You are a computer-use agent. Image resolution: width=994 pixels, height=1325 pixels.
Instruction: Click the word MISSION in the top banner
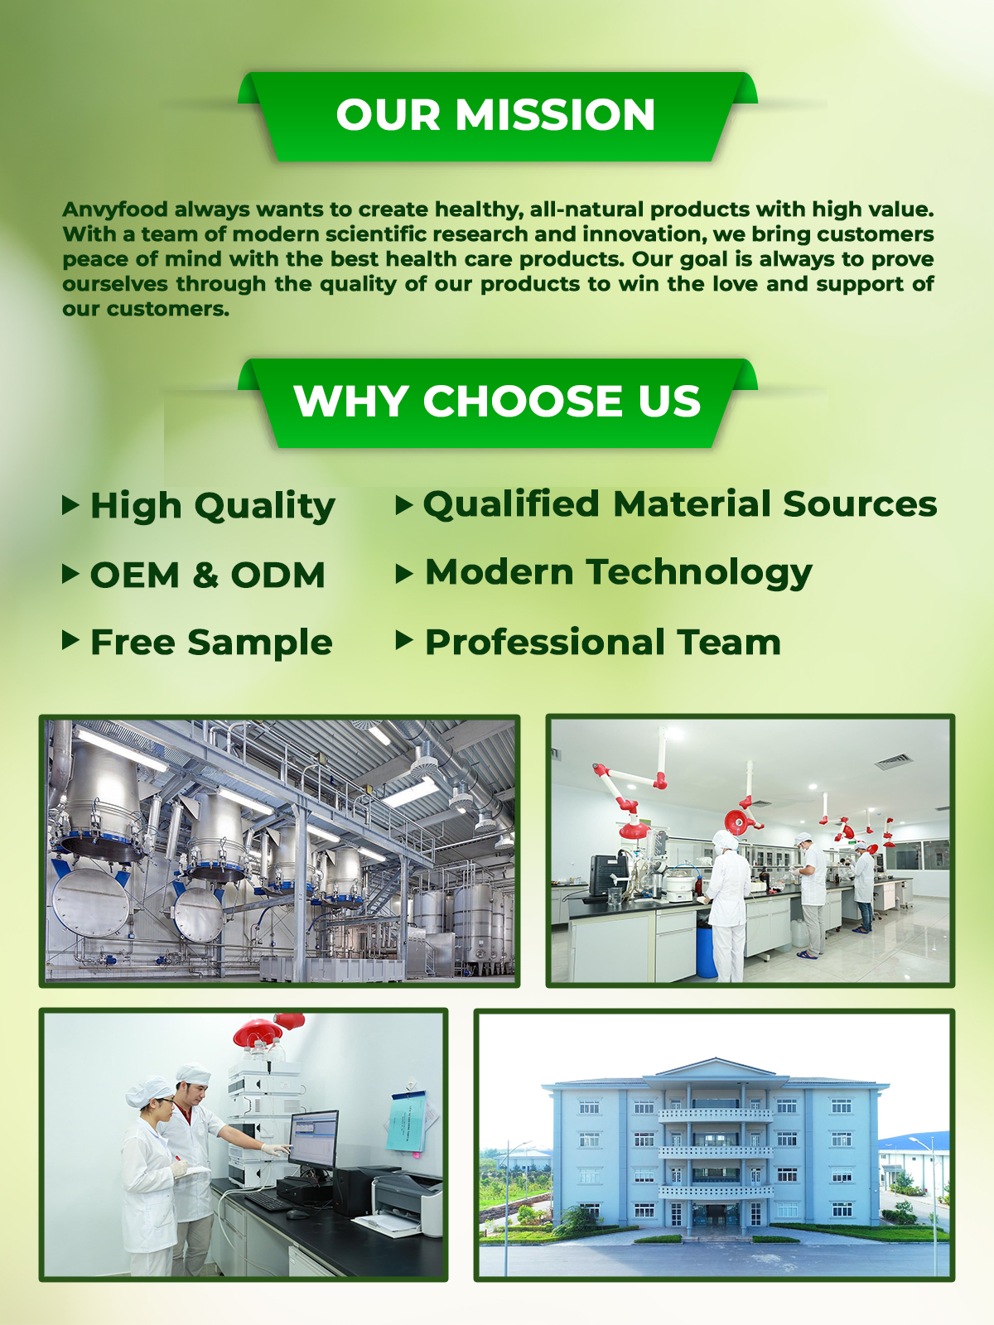click(555, 114)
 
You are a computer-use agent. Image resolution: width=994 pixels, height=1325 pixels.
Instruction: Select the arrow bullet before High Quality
click(70, 504)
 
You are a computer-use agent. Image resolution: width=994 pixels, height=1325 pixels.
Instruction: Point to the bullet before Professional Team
click(403, 640)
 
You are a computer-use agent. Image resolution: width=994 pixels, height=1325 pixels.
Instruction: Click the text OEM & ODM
click(208, 575)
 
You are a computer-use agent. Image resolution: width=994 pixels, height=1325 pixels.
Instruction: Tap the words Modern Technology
click(619, 573)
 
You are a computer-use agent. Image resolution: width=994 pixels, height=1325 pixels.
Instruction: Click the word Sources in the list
click(860, 504)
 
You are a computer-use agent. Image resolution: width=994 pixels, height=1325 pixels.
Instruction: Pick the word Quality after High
click(265, 507)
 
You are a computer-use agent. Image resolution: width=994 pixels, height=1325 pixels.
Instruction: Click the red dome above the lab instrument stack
click(258, 1033)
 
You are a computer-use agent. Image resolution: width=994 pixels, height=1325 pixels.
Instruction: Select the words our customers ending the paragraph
click(146, 310)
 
